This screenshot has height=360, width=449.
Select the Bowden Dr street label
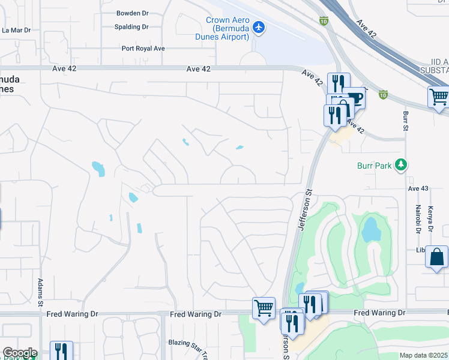[x=133, y=13]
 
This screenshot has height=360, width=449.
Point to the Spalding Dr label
[x=131, y=27]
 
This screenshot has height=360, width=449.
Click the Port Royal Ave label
[x=143, y=49]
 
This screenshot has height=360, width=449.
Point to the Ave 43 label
[x=418, y=188]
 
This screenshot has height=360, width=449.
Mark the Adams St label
[x=40, y=289]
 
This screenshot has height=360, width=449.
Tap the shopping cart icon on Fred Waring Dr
[x=264, y=308]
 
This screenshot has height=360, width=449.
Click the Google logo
[x=19, y=353]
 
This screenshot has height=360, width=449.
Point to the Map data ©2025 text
[x=424, y=355]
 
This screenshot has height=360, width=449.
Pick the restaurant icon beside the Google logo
[x=61, y=350]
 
